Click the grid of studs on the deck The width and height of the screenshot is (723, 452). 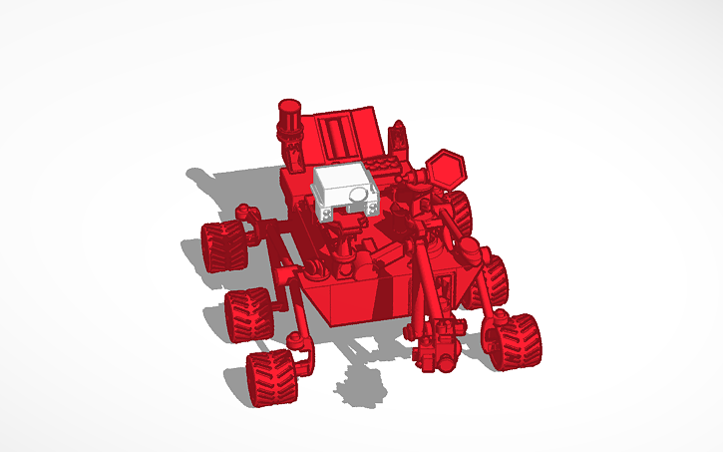click(x=384, y=166)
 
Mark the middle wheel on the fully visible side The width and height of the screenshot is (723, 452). click(x=247, y=314)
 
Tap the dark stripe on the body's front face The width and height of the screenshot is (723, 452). click(x=378, y=298)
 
